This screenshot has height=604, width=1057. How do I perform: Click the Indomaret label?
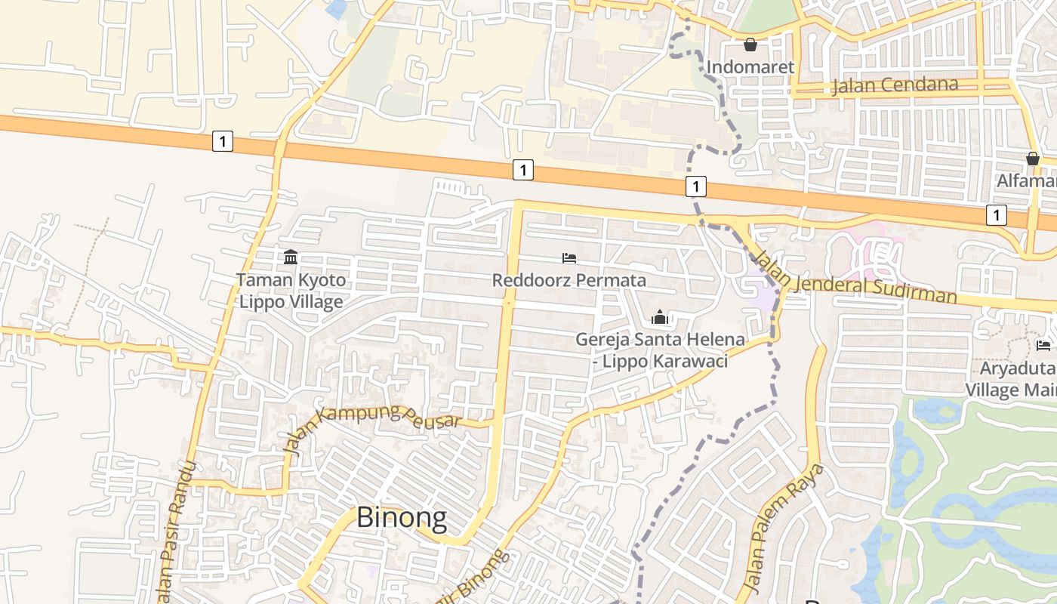click(x=750, y=67)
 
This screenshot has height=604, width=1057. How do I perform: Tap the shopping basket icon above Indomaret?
click(x=750, y=45)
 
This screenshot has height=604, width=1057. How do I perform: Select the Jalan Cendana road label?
click(x=895, y=85)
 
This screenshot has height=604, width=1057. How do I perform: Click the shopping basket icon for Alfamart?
click(x=1032, y=159)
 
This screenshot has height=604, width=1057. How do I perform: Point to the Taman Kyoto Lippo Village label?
click(x=291, y=291)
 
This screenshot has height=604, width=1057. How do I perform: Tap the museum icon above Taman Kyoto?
click(x=291, y=258)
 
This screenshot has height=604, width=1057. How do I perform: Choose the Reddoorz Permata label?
click(x=569, y=281)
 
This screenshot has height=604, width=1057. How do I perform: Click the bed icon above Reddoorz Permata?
click(x=569, y=258)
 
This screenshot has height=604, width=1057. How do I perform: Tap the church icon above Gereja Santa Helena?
click(x=660, y=318)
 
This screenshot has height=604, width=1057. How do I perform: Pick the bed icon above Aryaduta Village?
click(x=1043, y=346)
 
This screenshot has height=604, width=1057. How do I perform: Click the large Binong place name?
click(x=401, y=518)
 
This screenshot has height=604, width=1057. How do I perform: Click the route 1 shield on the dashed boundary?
click(x=696, y=186)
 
